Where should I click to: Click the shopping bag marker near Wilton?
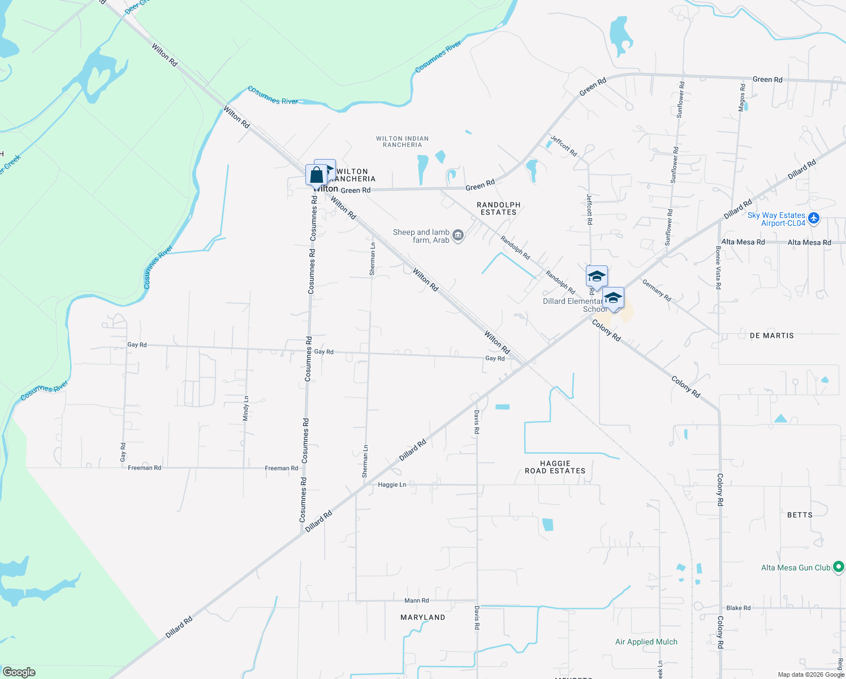[316, 175]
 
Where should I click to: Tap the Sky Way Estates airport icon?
[813, 218]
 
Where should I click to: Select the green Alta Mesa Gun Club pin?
[839, 566]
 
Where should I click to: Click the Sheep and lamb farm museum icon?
[458, 235]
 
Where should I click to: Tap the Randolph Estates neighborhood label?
[498, 208]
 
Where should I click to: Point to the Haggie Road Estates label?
[555, 467]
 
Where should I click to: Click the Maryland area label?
[422, 617]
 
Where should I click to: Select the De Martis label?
[771, 336]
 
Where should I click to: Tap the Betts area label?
[800, 515]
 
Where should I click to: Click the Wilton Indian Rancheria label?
[402, 141]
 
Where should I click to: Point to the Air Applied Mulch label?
[646, 642]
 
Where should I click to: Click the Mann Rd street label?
[416, 600]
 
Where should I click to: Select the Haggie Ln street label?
[392, 485]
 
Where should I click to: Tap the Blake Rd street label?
[739, 608]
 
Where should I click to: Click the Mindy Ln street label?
[246, 408]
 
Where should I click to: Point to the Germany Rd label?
[657, 290]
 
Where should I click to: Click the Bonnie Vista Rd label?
[718, 267]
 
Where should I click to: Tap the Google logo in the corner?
[19, 672]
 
